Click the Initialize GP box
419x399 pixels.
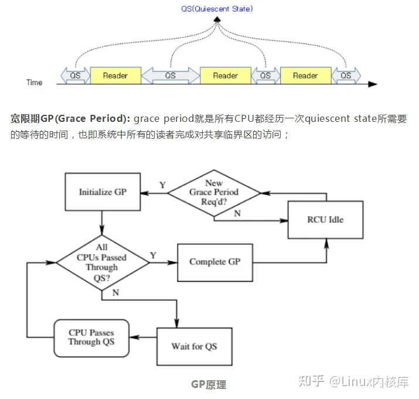coord(103,192)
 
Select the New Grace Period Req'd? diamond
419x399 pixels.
coord(214,192)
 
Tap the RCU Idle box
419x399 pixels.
coord(325,220)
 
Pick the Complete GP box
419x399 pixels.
coord(215,261)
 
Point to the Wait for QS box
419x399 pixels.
coord(194,346)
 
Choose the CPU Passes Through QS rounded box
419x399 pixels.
coord(91,337)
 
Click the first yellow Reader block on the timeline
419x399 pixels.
coord(115,76)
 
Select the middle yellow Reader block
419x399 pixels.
coord(226,76)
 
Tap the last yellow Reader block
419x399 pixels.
coord(305,76)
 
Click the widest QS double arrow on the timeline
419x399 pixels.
coord(171,76)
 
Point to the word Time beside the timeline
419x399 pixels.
coord(35,83)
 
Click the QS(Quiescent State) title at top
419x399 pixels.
coord(217,9)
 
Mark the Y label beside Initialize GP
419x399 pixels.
coord(162,185)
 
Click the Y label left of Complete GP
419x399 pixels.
coord(153,255)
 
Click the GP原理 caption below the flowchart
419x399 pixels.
coord(209,384)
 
